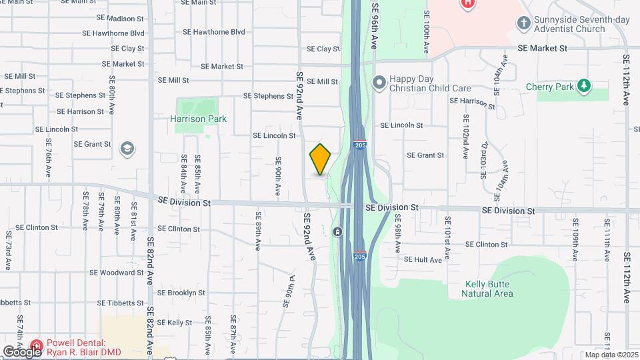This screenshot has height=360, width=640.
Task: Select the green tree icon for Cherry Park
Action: [584, 86]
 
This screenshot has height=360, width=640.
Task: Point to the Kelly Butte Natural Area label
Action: [489, 289]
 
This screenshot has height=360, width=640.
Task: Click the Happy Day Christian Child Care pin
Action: [379, 83]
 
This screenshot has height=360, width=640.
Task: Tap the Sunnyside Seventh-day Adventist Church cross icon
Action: [524, 23]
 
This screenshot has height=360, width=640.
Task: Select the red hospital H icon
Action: [468, 3]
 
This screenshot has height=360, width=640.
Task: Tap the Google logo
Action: [21, 351]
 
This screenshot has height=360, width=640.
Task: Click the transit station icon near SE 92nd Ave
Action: [338, 232]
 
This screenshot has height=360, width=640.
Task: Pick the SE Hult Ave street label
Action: [423, 260]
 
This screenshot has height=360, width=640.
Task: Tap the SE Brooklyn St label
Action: [181, 293]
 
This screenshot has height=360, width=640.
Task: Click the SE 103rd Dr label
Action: [485, 160]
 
